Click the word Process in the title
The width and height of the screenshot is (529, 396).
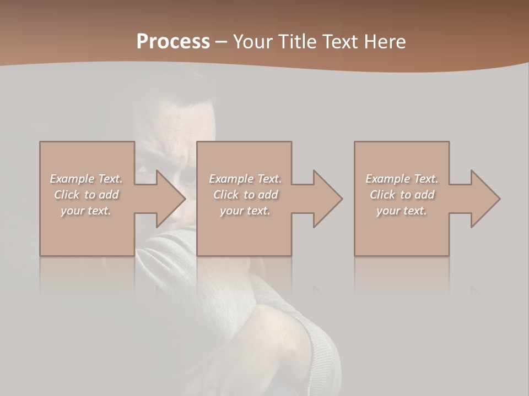click(x=173, y=42)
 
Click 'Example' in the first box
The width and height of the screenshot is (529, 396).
click(x=72, y=179)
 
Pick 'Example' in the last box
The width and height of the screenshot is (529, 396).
click(x=387, y=179)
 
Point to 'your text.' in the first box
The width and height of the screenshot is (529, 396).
click(x=86, y=211)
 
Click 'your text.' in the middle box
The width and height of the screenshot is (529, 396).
click(x=245, y=211)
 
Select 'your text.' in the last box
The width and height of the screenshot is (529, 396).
click(x=402, y=211)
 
